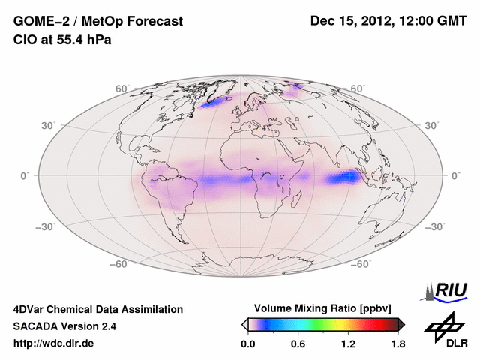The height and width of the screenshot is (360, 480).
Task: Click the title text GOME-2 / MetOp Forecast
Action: [x=98, y=22]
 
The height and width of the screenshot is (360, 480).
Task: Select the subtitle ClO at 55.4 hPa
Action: [x=62, y=40]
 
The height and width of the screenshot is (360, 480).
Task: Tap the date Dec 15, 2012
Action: [x=352, y=22]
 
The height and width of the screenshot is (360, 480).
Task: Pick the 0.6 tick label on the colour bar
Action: [x=298, y=344]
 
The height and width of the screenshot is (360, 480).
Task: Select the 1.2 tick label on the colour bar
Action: [x=348, y=344]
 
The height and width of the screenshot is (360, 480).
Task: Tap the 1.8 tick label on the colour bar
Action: [x=397, y=344]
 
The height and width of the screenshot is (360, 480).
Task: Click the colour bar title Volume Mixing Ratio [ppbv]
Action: [x=322, y=308]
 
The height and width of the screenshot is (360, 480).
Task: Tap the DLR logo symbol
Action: [x=443, y=324]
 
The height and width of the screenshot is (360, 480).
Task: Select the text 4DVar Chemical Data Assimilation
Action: [x=98, y=309]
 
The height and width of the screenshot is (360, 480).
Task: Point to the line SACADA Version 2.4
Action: [x=64, y=326]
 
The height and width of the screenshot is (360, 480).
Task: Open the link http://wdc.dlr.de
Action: [x=54, y=343]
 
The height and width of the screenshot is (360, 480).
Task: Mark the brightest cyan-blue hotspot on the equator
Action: [x=349, y=177]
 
